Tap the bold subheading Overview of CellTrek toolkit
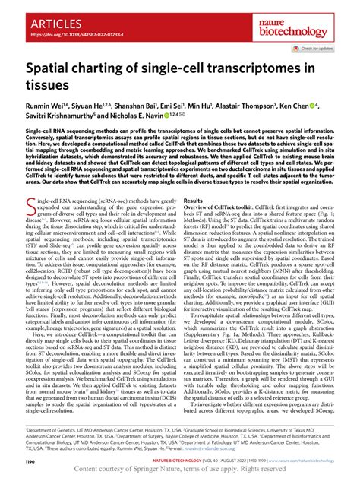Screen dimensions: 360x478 coord(228,208)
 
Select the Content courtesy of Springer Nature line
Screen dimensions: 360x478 coord(180,468)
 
